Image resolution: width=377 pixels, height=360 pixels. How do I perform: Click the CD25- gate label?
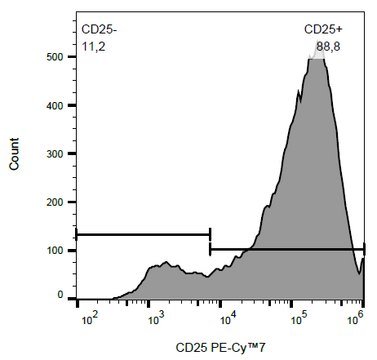pos(99,30)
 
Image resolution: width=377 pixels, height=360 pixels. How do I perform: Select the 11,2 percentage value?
pos(93,47)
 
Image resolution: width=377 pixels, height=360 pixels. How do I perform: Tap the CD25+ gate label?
pos(323,30)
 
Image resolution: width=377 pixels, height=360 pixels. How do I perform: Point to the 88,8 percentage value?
pos(328,47)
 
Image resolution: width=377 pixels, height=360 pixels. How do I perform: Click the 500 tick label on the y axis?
pos(55,57)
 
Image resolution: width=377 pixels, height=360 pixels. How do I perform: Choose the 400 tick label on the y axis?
pos(55,106)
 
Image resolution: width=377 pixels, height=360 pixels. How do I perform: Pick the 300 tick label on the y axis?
pos(55,154)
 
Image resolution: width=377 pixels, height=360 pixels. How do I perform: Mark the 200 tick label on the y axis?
pos(55,202)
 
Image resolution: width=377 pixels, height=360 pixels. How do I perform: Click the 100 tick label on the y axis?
pos(55,251)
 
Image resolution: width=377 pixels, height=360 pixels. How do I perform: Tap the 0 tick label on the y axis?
pos(60,295)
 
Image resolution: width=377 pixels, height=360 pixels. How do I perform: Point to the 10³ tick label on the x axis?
pos(156,319)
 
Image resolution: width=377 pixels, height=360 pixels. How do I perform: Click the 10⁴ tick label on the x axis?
pos(228,319)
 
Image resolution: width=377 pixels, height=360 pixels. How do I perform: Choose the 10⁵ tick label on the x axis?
pos(300,319)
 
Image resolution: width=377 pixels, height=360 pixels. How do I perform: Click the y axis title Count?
pos(14,154)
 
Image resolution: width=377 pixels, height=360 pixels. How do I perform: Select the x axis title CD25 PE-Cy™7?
pos(221,348)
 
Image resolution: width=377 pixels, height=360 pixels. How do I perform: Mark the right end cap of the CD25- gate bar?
pos(210,235)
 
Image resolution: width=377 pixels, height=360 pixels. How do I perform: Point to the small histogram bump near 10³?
pos(166,262)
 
